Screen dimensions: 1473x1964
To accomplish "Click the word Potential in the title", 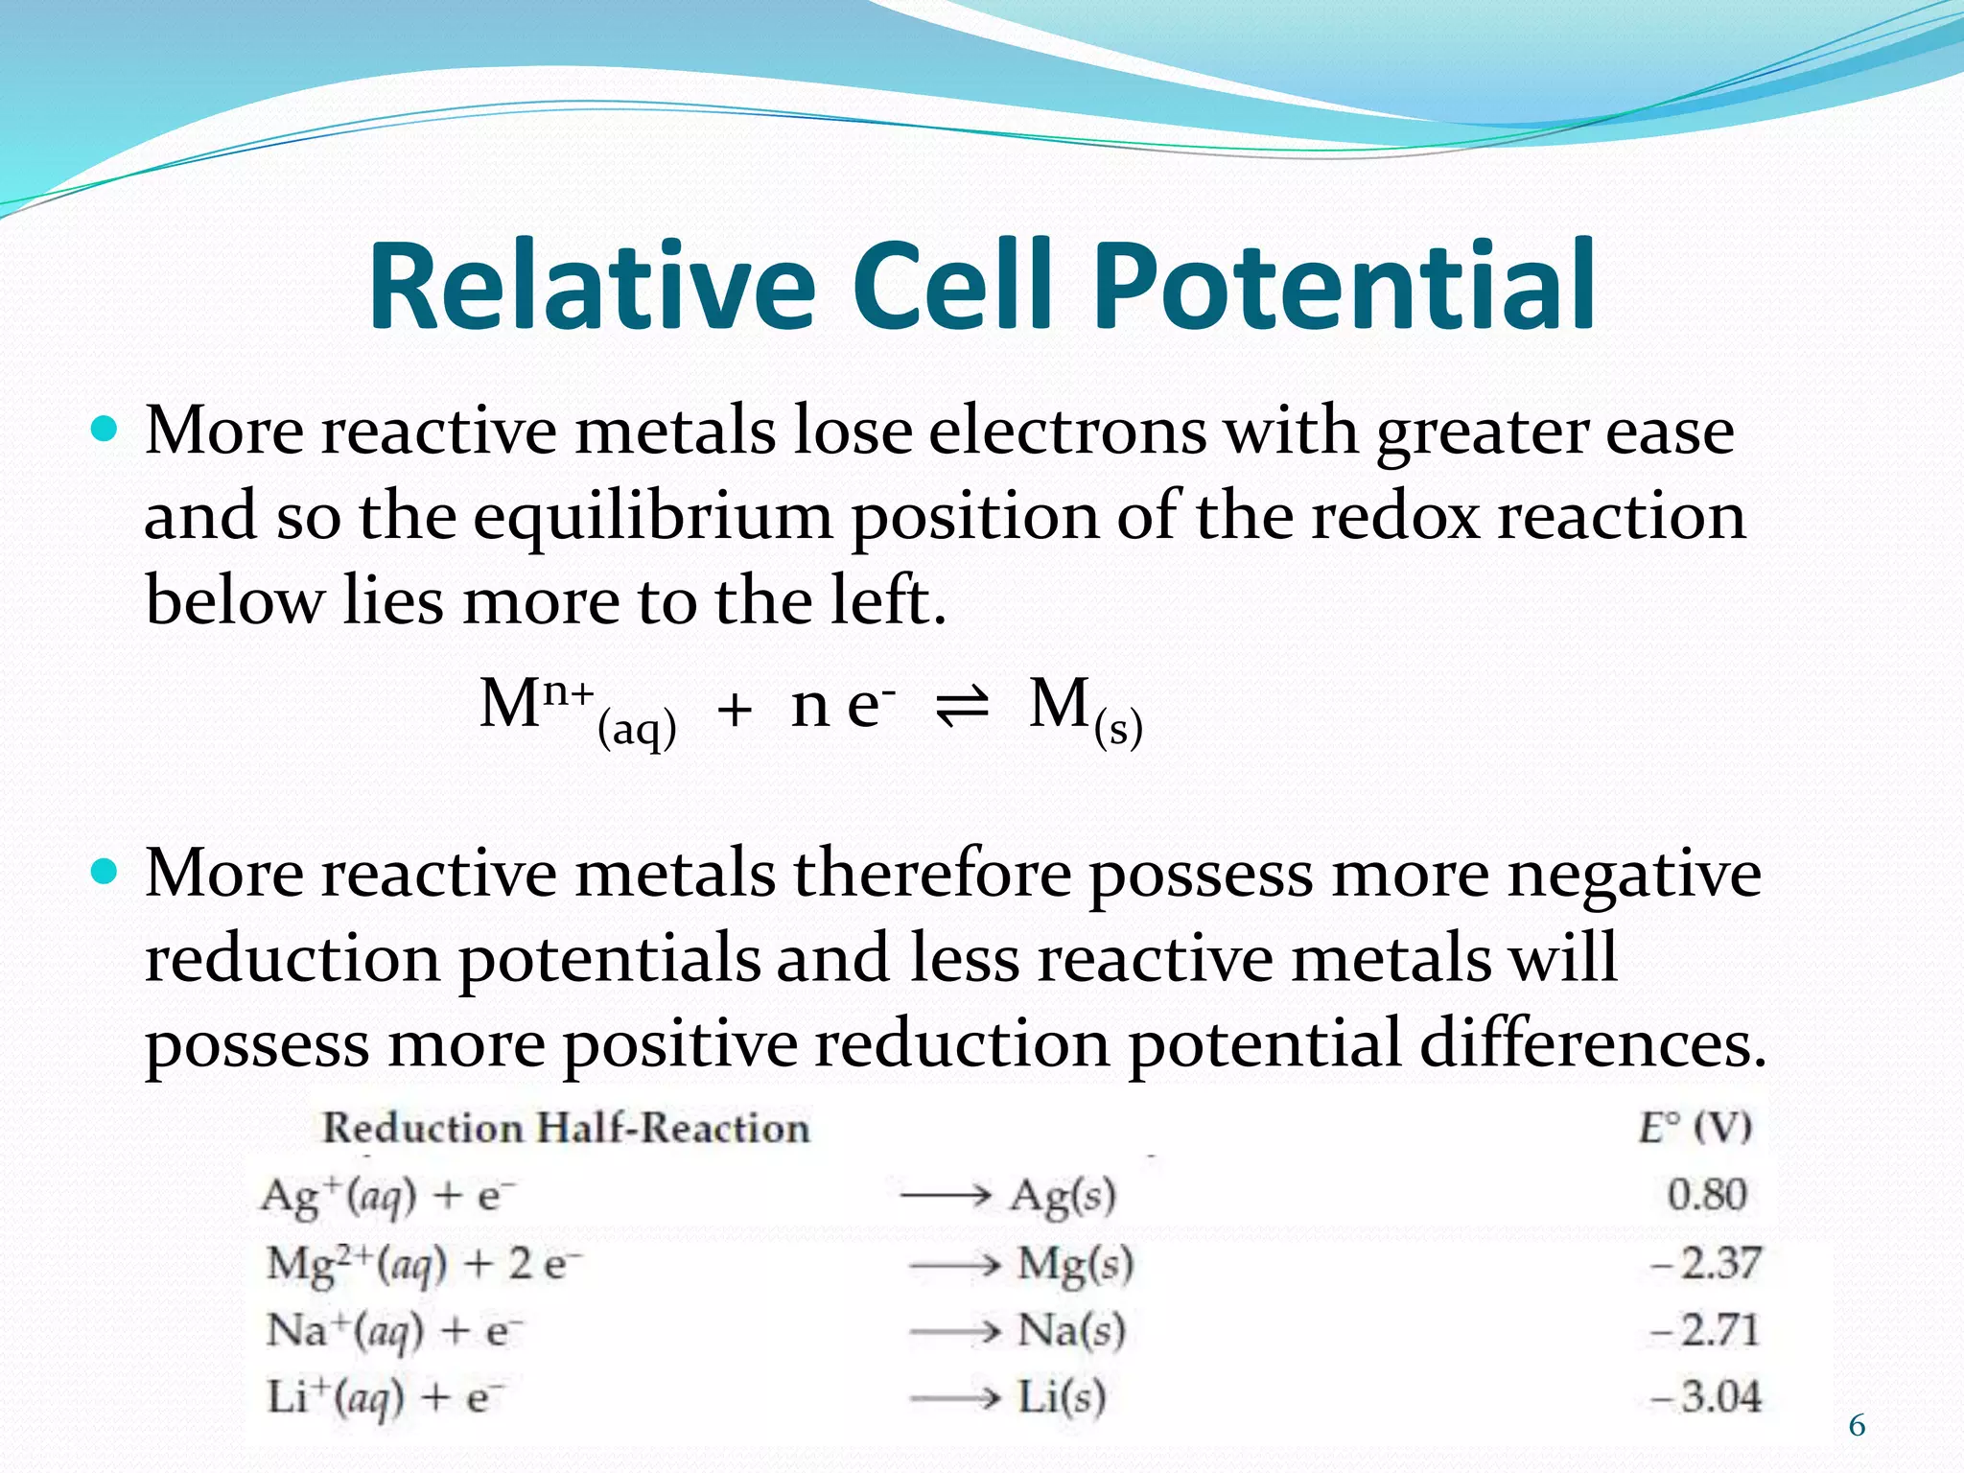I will pos(1344,287).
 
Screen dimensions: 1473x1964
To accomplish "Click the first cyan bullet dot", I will pos(104,428).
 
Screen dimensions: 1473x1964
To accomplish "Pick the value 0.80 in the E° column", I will pos(1707,1195).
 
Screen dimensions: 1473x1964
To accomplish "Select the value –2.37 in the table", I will pos(1705,1263).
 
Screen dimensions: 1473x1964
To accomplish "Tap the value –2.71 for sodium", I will pos(1705,1330).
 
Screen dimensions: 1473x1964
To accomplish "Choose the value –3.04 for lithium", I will pos(1705,1396).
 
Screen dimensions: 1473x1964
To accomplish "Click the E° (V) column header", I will pos(1695,1128).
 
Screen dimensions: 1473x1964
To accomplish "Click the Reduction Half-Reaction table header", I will pos(566,1128).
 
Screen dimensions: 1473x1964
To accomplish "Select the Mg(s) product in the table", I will pos(1075,1265).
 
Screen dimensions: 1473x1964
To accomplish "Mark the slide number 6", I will pos(1857,1426).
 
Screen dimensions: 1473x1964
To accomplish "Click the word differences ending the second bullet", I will pos(1592,1043).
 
